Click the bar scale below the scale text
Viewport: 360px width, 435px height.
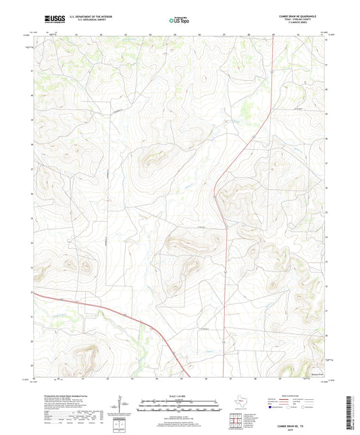179,405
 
